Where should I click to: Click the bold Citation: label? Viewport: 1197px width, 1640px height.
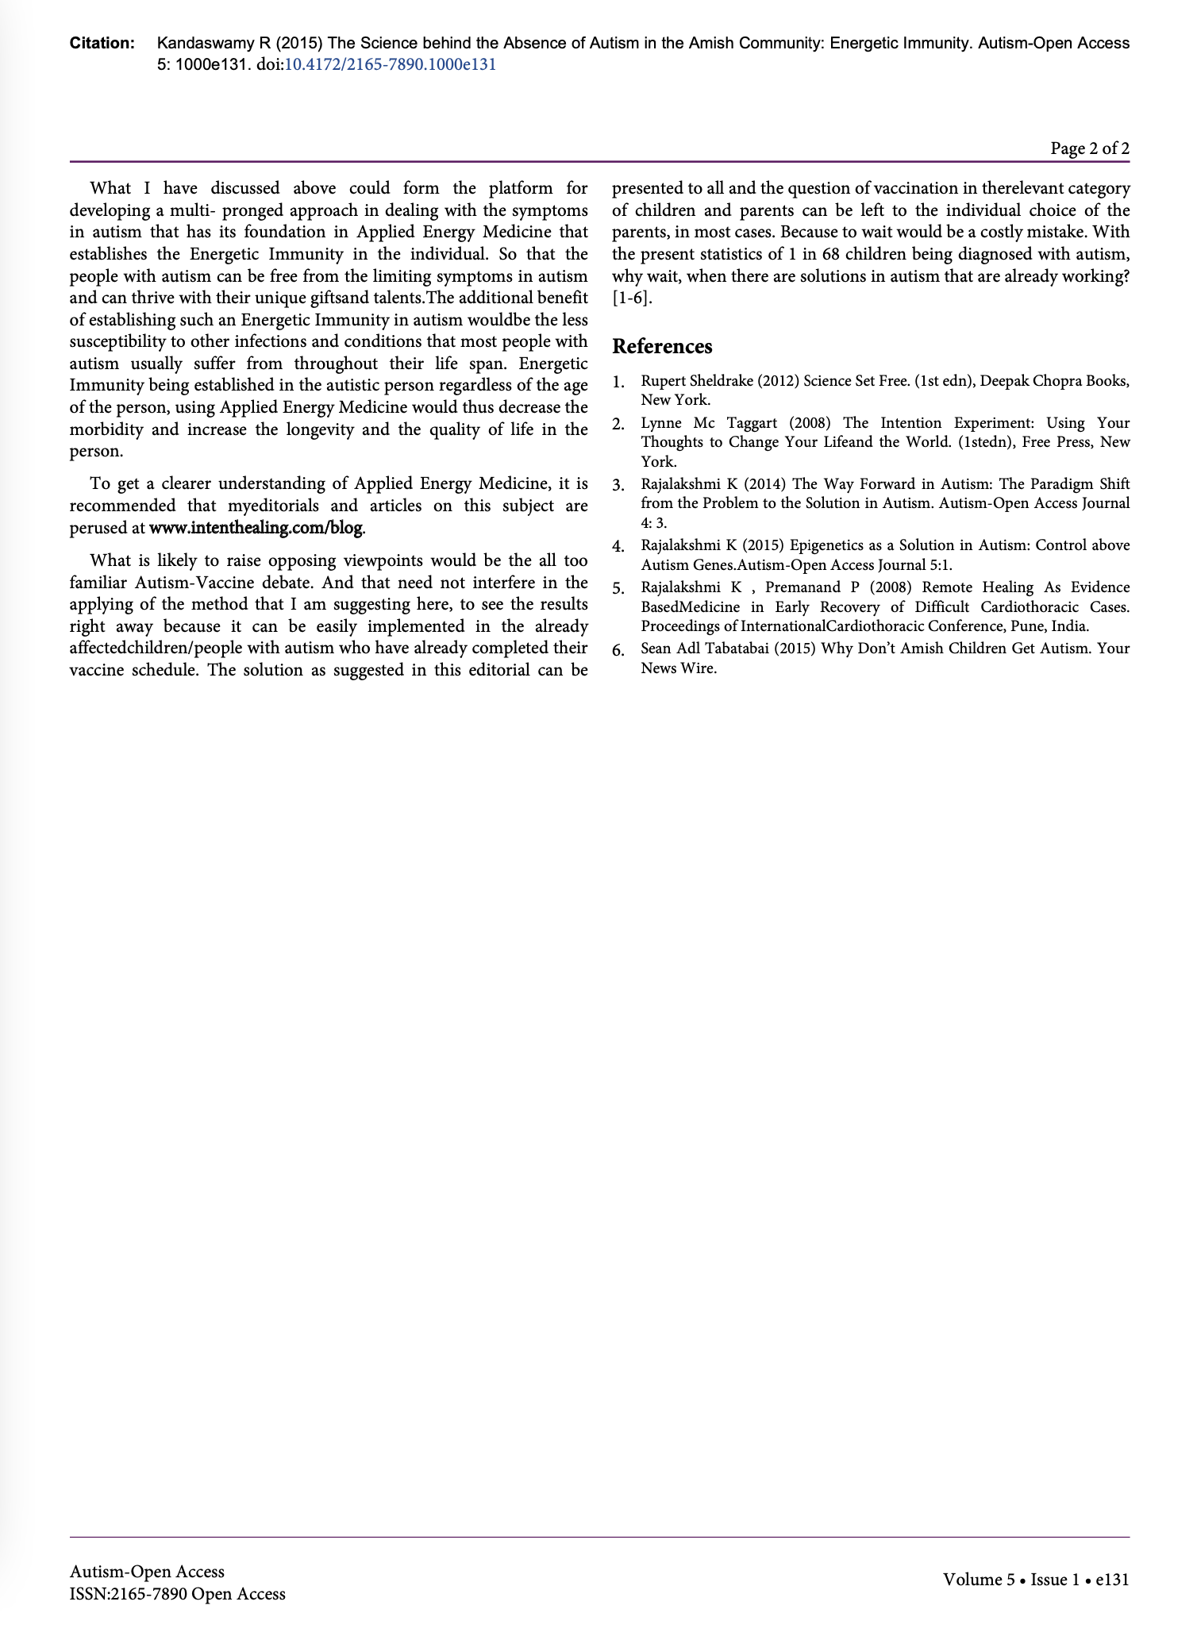pyautogui.click(x=102, y=44)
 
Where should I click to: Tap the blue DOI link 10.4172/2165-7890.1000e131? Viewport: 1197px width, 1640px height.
pyautogui.click(x=390, y=65)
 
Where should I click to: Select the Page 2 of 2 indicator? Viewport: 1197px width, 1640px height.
pyautogui.click(x=1089, y=148)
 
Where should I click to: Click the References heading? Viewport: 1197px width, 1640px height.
pyautogui.click(x=662, y=347)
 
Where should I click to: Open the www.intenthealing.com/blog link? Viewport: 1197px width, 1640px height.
pyautogui.click(x=256, y=528)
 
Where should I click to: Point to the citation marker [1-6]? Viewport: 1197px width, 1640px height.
pyautogui.click(x=633, y=298)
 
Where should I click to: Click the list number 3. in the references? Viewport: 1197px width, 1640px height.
pyautogui.click(x=619, y=485)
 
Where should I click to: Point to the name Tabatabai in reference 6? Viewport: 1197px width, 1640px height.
pyautogui.click(x=729, y=649)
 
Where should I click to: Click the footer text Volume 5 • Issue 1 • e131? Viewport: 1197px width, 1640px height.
pyautogui.click(x=1035, y=1580)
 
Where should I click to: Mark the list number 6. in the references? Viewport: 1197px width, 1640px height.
pyautogui.click(x=619, y=650)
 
